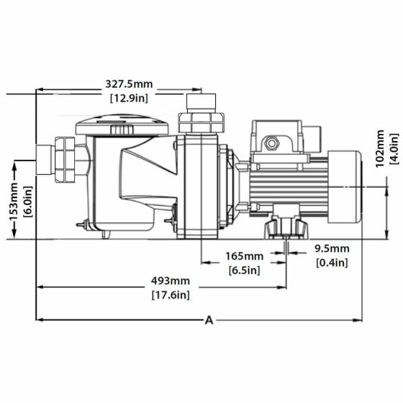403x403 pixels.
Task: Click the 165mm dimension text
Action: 244,256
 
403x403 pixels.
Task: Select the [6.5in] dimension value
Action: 244,270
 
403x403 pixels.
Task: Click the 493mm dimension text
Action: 171,281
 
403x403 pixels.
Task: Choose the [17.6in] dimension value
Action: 171,294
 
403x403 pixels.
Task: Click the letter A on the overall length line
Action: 209,320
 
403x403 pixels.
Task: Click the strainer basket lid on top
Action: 122,127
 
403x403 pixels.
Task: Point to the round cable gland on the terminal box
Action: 271,143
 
